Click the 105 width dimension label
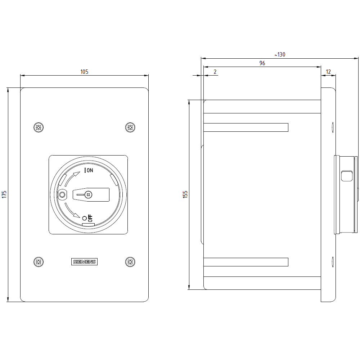[84, 72]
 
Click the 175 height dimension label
[4, 194]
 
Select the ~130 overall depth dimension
[280, 55]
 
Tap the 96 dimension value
[262, 63]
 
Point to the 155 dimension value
[185, 194]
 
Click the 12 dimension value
[328, 72]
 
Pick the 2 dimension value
[215, 72]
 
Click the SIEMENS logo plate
[85, 262]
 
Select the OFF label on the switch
[90, 218]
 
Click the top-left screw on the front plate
[39, 127]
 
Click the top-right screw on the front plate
[130, 127]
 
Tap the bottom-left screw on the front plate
[39, 262]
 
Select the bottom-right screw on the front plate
[130, 262]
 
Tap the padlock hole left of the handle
[62, 195]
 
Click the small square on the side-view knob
[346, 176]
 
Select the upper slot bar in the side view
[246, 127]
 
